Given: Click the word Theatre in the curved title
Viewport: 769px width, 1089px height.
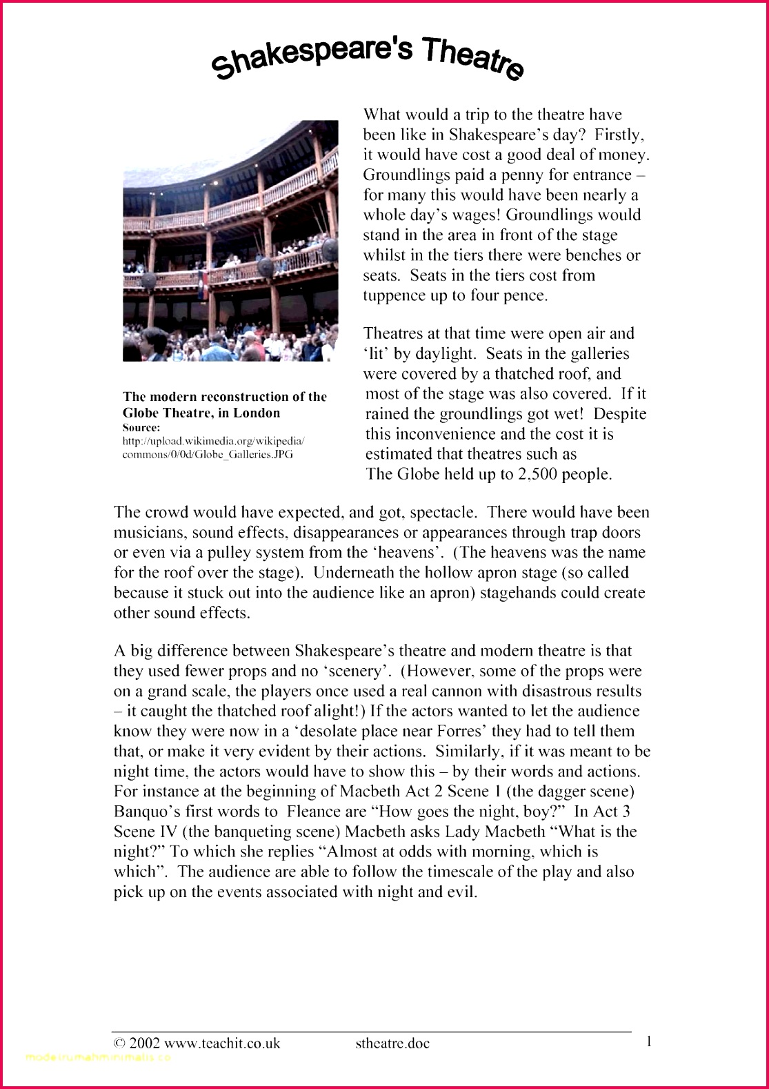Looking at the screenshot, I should coord(472,58).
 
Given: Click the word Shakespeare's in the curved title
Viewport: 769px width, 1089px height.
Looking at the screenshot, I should coord(312,57).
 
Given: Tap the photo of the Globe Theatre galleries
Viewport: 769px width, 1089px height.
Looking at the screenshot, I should coord(230,240).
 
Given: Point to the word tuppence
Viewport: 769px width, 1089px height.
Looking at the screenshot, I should coord(395,295).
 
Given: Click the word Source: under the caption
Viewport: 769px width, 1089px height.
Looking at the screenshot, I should coord(141,427).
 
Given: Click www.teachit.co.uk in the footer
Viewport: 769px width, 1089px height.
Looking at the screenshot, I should coord(222,1043).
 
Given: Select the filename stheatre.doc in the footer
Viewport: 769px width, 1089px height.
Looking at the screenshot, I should coord(392,1043).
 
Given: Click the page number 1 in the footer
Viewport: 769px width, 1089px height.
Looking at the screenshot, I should coord(648,1041).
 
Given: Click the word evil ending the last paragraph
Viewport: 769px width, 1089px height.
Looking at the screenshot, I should coord(461,892).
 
